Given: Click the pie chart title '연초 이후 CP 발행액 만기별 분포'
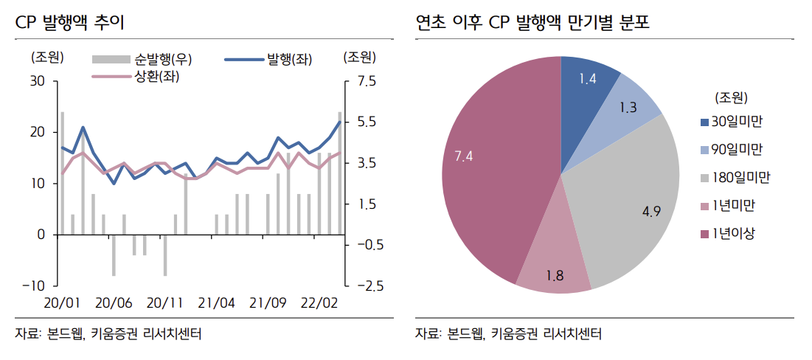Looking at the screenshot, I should (537, 22).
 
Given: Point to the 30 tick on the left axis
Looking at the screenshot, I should (38, 81).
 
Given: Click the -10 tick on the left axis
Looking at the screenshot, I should (34, 285).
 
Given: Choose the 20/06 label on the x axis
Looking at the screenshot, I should (114, 303).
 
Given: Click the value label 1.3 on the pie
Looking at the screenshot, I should (628, 108).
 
